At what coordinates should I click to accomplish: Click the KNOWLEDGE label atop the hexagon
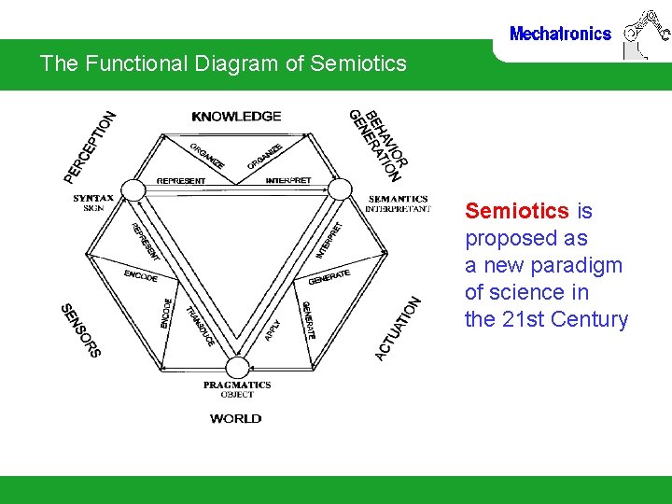pos(236,117)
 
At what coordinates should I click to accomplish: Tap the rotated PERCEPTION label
pos(90,147)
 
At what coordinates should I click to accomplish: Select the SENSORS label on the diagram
pos(80,330)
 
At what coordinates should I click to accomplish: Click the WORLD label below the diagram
pos(236,419)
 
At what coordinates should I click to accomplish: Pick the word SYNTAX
pos(93,198)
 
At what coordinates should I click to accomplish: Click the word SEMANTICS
pos(398,199)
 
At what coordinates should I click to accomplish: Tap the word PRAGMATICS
pos(237,385)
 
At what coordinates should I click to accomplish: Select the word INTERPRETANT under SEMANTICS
pos(398,209)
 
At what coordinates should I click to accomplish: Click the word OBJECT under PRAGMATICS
pos(237,395)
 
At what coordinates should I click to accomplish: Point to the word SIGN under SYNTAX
pos(93,208)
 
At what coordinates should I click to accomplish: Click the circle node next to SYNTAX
pos(133,191)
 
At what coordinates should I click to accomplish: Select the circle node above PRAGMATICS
pos(238,367)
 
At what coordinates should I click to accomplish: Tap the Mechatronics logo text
pos(560,34)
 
